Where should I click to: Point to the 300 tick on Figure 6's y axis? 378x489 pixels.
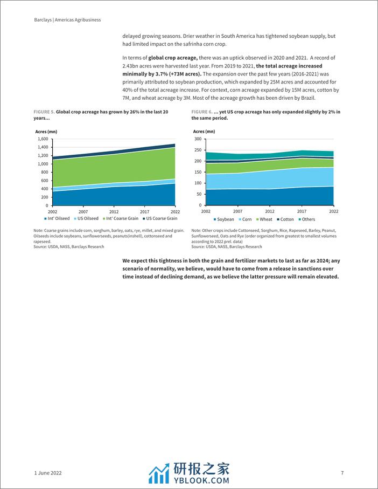click(197, 139)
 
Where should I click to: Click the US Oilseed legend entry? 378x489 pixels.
click(86, 218)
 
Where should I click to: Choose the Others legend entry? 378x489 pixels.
click(307, 219)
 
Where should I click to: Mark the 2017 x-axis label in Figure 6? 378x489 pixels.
click(301, 211)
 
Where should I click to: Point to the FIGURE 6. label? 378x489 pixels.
click(202, 112)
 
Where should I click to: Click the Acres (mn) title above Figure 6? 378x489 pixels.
click(204, 131)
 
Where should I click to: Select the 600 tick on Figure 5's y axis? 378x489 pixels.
click(44, 181)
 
